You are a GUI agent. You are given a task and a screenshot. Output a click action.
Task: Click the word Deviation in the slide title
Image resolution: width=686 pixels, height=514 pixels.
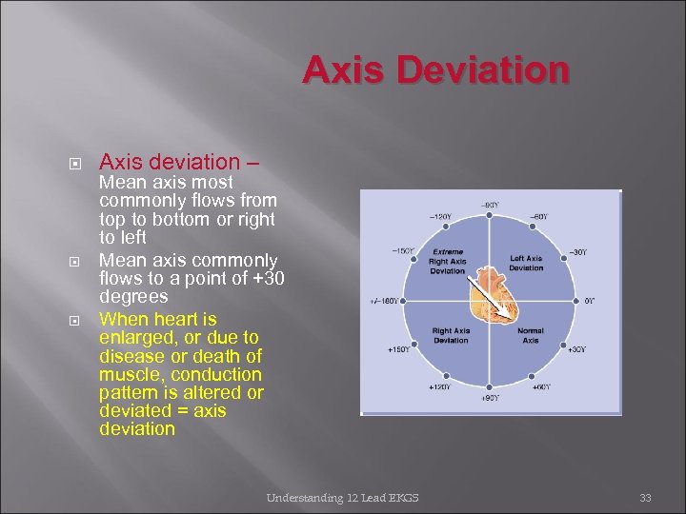coord(501,70)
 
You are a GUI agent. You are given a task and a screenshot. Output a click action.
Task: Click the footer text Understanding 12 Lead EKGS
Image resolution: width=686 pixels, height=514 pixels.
coord(342,497)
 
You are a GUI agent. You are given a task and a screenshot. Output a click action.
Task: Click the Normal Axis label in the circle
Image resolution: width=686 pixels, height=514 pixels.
coord(531,335)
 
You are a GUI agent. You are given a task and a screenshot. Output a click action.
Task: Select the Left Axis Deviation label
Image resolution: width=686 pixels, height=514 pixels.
coord(526,263)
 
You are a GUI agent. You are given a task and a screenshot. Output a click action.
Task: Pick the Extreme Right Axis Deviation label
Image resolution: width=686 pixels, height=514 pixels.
coord(446,261)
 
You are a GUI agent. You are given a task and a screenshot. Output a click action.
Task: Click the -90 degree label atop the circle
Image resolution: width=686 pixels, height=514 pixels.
coord(489,205)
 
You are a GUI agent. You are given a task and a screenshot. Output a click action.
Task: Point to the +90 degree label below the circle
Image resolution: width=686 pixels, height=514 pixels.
coord(489,398)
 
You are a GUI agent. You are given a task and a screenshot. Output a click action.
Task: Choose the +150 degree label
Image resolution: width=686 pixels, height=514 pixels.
coord(398,349)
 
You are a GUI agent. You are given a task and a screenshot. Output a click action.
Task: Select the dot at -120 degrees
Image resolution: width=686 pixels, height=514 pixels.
coord(446,225)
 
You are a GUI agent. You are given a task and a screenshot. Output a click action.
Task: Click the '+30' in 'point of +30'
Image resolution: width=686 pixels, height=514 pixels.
coord(266,278)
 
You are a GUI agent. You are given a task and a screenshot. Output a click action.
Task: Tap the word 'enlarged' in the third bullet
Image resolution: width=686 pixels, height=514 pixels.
coord(134,338)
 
